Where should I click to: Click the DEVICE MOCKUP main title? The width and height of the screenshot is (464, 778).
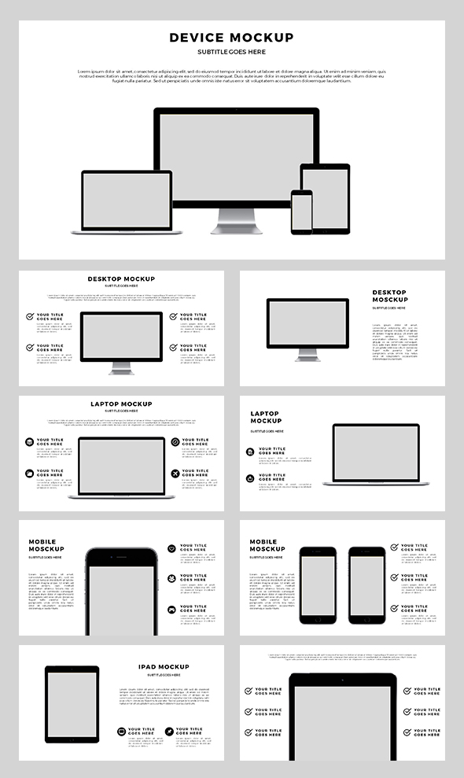tap(231, 38)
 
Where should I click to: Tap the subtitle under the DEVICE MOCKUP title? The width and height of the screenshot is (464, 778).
tap(231, 52)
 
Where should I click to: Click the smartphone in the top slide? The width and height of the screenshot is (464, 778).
tap(301, 212)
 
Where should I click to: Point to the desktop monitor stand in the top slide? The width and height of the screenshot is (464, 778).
tap(236, 219)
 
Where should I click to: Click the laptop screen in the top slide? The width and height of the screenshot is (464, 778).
tap(127, 200)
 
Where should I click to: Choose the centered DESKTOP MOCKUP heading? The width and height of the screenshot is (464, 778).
tap(121, 278)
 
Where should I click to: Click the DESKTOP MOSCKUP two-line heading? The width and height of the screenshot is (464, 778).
tap(389, 296)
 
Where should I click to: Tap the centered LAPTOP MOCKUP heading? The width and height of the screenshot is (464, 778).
tap(121, 404)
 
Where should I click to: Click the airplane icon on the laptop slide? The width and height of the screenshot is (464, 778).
tap(175, 474)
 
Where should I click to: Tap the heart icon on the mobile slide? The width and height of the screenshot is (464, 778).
tap(171, 548)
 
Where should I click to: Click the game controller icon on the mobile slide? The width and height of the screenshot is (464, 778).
tap(171, 610)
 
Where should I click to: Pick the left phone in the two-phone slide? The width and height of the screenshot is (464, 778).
tap(318, 585)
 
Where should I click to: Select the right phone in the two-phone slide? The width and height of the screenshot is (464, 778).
tap(367, 585)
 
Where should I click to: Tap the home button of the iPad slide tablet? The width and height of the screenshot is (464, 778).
tap(72, 739)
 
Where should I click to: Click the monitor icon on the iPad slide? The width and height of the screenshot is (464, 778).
tap(121, 732)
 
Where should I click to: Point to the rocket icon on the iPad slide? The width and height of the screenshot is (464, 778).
tap(169, 732)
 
